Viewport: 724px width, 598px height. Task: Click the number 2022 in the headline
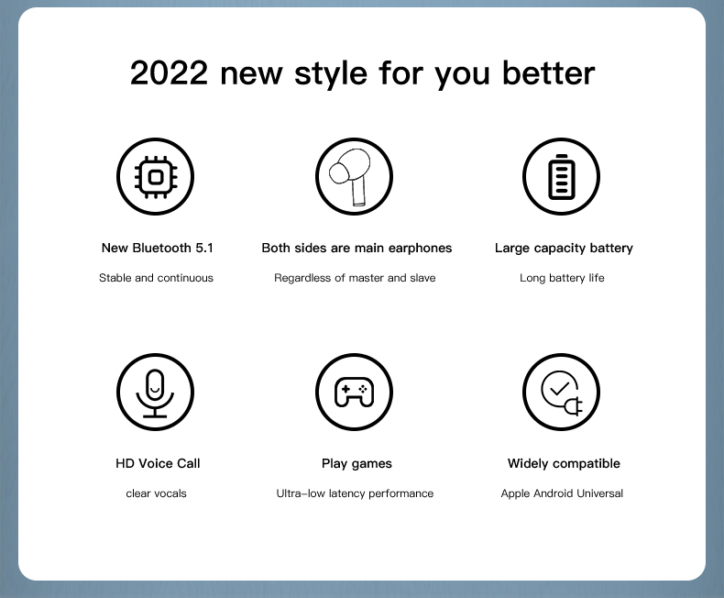tap(169, 73)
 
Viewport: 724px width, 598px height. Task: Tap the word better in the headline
tap(549, 73)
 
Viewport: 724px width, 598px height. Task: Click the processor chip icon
tap(156, 177)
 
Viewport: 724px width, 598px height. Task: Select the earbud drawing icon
tap(351, 176)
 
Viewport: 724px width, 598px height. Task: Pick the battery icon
tap(562, 177)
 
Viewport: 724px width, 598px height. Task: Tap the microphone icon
tap(155, 393)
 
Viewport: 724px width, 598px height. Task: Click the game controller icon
tap(354, 393)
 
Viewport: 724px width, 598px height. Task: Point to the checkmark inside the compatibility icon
tap(560, 389)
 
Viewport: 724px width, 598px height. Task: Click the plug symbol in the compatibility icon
tap(574, 406)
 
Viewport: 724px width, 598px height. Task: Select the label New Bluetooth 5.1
tap(158, 249)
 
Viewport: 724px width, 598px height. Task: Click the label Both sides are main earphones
tap(357, 249)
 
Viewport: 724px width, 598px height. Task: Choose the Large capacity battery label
tap(564, 249)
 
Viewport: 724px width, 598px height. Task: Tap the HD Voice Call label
tap(158, 463)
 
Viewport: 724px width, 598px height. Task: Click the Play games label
tap(357, 463)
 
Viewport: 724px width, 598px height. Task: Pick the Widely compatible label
tap(564, 463)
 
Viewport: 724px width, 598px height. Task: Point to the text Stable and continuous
tap(156, 278)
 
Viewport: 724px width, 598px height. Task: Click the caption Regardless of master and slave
tap(355, 278)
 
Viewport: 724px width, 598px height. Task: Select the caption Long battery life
tap(562, 278)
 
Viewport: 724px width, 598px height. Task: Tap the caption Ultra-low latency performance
tap(355, 493)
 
